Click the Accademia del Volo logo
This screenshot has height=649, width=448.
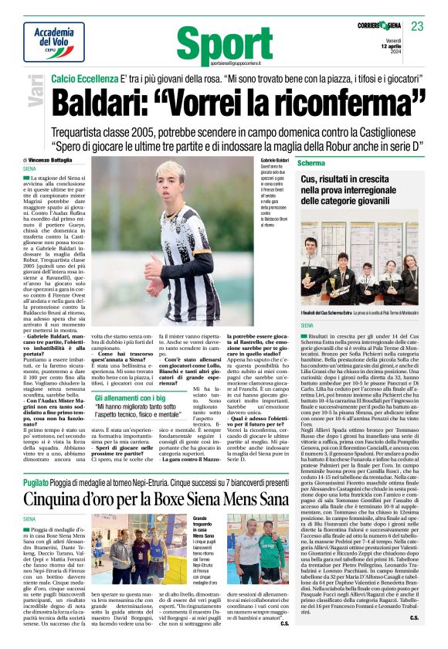54,41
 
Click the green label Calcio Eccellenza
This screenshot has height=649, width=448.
84,79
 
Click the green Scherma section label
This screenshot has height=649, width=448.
311,164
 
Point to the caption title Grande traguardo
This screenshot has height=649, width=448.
203,522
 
